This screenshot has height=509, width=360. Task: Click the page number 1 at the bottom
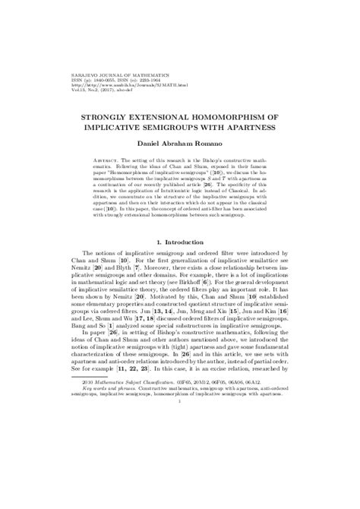179,478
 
